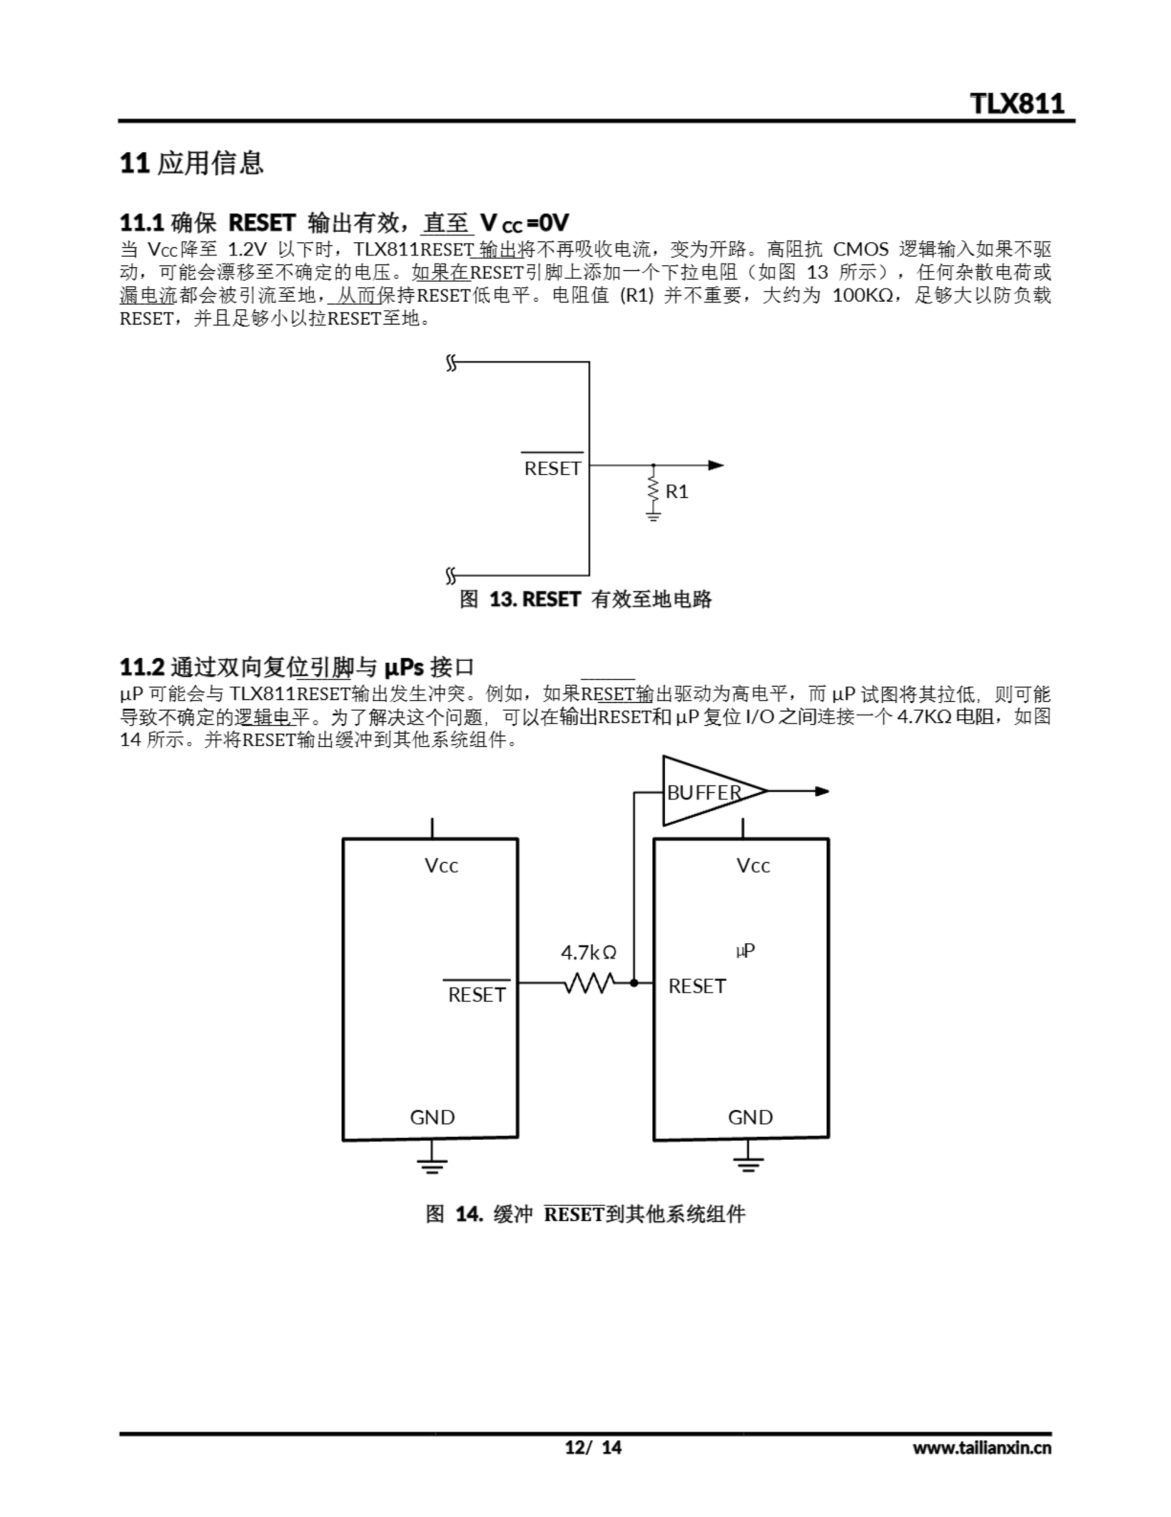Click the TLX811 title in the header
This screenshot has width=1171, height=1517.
tap(1017, 104)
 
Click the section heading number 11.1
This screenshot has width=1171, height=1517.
tap(141, 223)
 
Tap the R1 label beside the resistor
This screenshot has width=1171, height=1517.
tap(677, 492)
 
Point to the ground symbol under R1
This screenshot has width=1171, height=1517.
tap(653, 516)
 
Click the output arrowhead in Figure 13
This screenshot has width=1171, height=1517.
tap(716, 465)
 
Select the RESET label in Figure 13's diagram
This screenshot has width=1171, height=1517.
tap(552, 469)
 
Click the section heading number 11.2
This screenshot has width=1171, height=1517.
tap(141, 667)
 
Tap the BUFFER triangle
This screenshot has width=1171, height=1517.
tap(708, 791)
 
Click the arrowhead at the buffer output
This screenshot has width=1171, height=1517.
tap(822, 791)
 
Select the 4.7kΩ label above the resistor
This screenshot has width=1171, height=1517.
tap(588, 952)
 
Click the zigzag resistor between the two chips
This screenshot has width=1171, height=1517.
tap(588, 983)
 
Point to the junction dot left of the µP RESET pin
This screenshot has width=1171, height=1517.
tap(633, 983)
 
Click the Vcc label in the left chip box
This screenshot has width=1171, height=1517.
tap(442, 866)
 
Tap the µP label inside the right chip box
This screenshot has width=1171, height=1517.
tap(745, 950)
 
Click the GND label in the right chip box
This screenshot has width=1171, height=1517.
tap(749, 1117)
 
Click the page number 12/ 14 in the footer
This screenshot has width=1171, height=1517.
tap(593, 1448)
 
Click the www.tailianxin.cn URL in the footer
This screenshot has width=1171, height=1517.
tap(982, 1448)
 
